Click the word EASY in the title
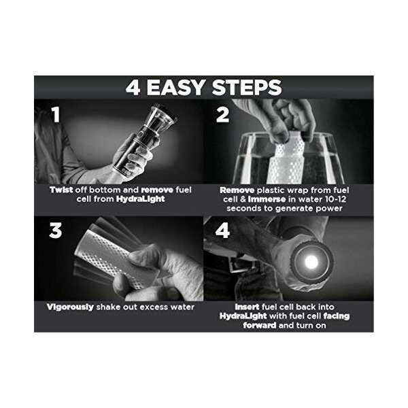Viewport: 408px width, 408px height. pos(175,87)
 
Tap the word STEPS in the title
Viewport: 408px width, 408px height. pos(247,87)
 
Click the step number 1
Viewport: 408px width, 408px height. pos(56,114)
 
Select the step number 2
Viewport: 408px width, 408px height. pos(222,114)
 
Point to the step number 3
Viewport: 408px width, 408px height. pos(56,231)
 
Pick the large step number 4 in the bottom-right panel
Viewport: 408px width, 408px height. pos(222,231)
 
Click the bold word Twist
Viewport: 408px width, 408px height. pos(61,190)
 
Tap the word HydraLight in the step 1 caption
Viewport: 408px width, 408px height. pos(141,199)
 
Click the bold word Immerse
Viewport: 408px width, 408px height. pos(267,199)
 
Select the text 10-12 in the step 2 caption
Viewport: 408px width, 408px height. pos(336,199)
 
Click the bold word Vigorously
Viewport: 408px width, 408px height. pos(70,307)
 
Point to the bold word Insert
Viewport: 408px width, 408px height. pos(247,307)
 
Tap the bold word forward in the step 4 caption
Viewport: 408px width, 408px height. pos(260,325)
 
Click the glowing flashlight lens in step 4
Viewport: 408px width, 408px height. pos(311,262)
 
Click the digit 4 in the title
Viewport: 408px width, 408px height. pos(133,87)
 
